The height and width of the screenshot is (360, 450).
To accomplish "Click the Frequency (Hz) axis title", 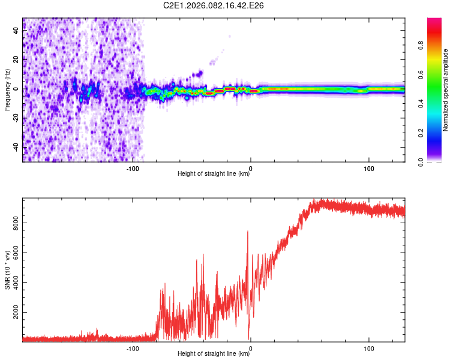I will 8,90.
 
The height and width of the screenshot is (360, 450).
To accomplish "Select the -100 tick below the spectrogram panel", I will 133,169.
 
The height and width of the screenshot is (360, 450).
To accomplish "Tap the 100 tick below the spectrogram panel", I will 368,169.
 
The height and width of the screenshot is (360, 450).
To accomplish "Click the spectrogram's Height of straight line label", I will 214,175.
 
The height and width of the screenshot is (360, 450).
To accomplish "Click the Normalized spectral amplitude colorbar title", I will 446,90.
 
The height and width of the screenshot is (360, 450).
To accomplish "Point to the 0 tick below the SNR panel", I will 250,349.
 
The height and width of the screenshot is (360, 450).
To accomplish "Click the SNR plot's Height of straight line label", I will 214,355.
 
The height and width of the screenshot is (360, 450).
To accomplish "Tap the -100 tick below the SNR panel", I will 133,349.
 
